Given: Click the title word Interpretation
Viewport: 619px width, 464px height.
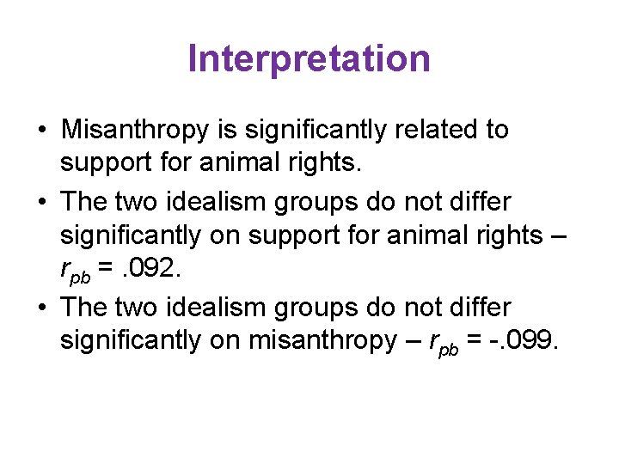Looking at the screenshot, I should [309, 59].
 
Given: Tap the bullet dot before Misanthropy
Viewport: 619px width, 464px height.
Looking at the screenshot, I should [41, 131].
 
